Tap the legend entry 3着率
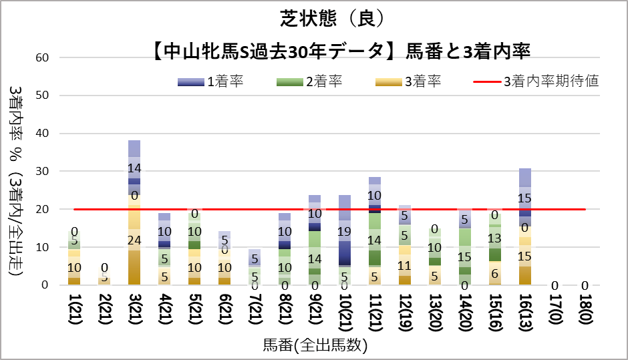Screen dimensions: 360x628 [408, 82]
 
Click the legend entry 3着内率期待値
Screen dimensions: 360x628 [535, 82]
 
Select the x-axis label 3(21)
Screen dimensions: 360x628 [134, 313]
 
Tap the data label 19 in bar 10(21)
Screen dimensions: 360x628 [345, 232]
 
